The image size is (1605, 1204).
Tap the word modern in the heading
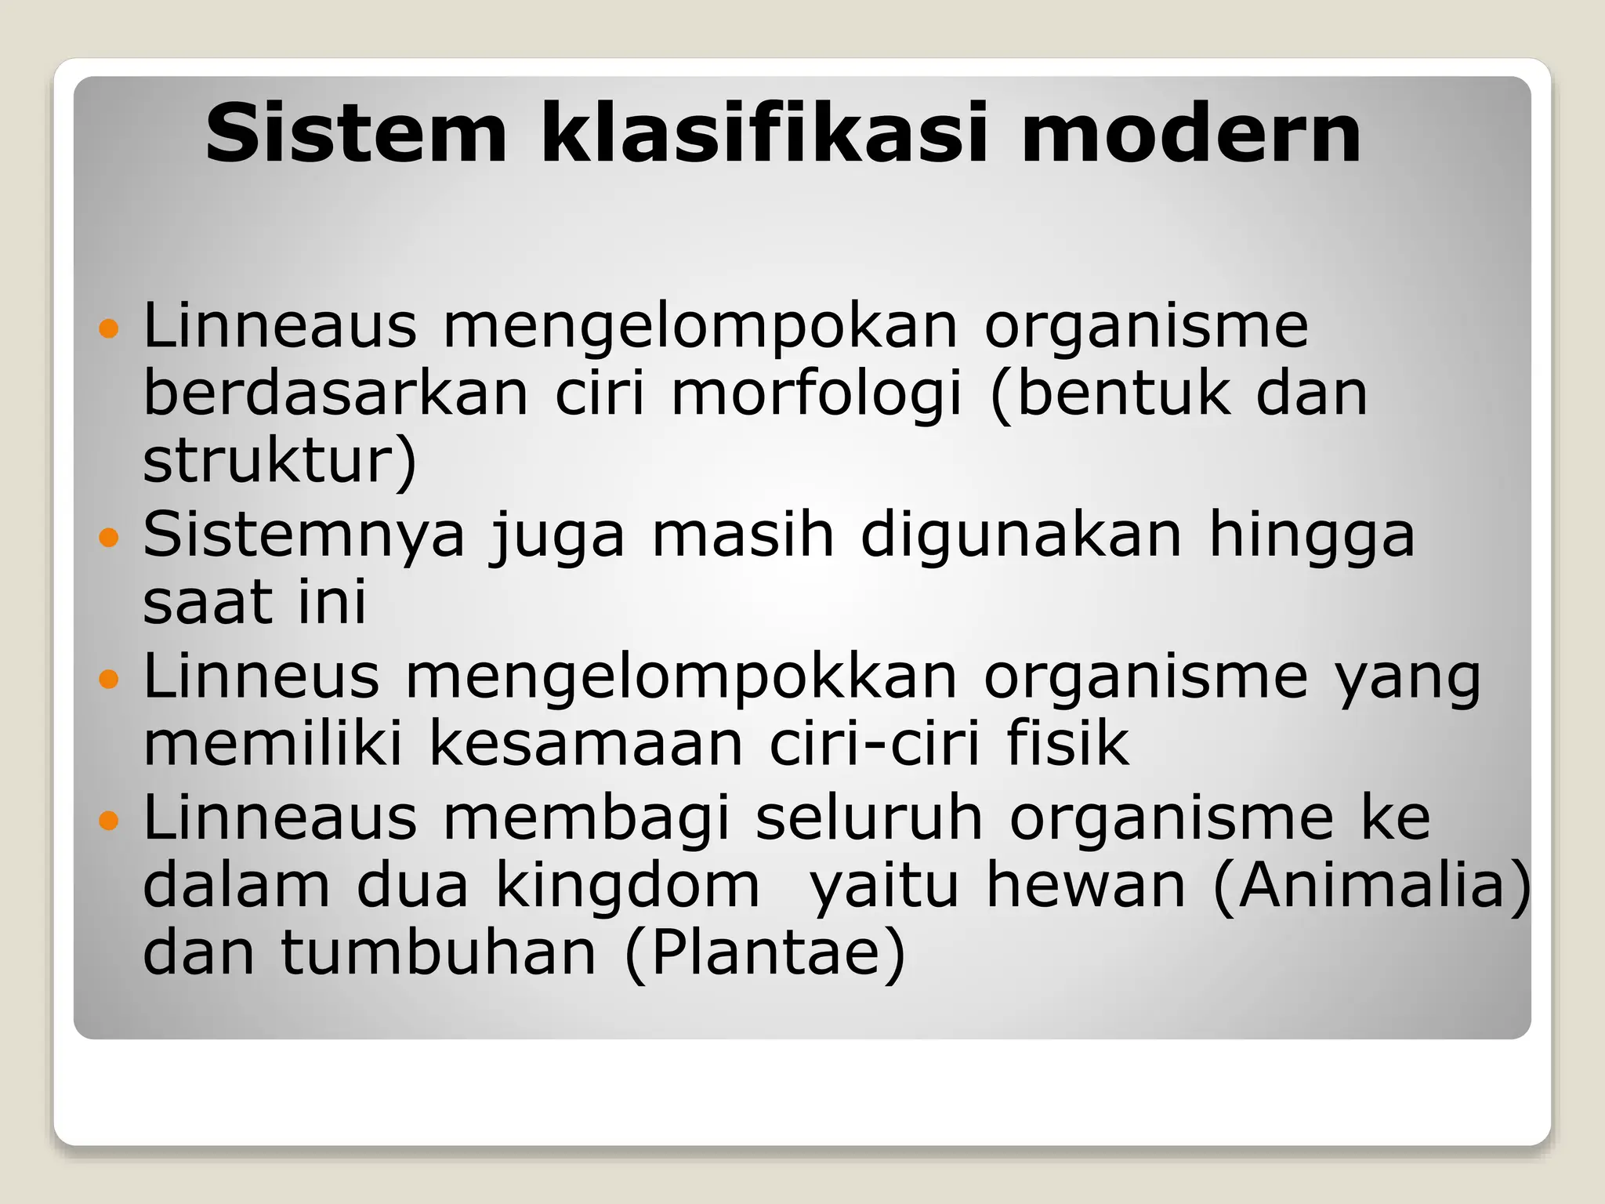pos(1191,135)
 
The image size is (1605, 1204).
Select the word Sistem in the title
pos(357,135)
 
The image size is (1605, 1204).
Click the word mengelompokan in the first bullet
pos(701,328)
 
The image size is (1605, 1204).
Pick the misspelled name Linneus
pos(261,676)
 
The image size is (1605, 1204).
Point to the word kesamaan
pos(585,743)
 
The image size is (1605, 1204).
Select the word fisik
pos(1067,743)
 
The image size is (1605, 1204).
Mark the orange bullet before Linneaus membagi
pos(109,821)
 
